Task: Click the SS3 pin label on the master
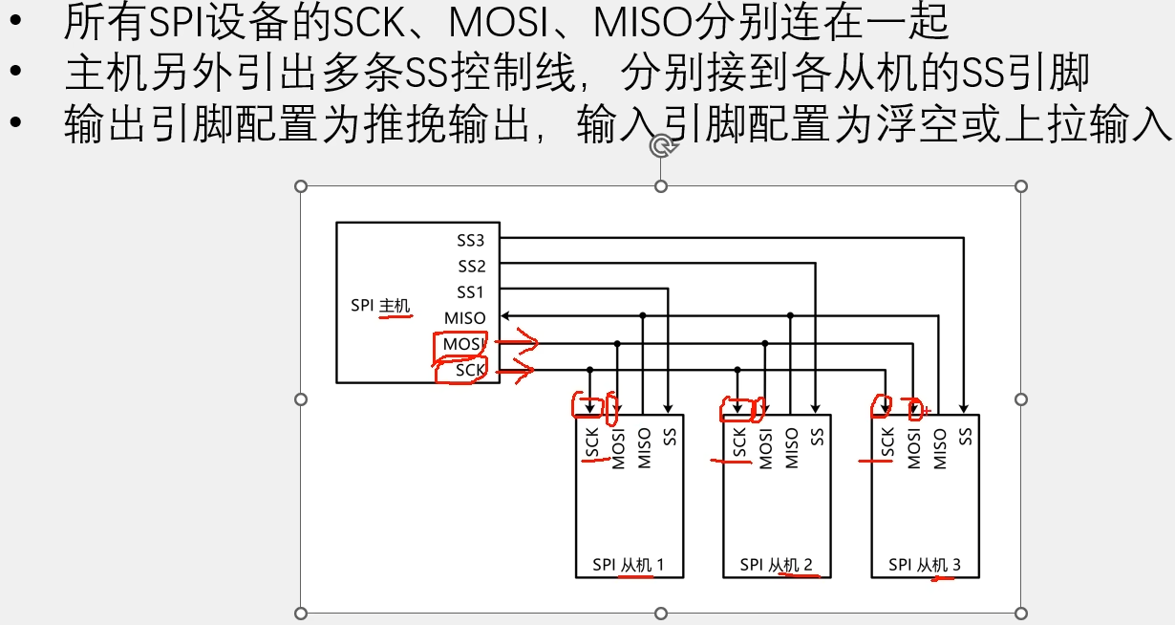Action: [x=471, y=240]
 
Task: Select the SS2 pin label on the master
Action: [x=471, y=266]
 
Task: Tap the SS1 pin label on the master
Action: [x=471, y=291]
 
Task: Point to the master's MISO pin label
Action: [x=464, y=317]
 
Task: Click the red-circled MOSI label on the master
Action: [x=463, y=343]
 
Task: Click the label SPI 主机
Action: [x=380, y=307]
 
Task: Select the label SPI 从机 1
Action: [x=628, y=565]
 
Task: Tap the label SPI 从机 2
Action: [x=776, y=565]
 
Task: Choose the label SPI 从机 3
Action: [x=924, y=565]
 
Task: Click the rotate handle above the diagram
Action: [x=661, y=145]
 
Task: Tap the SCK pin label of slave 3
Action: [x=887, y=443]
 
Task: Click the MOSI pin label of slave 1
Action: [x=618, y=447]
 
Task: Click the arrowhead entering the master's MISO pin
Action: [x=505, y=316]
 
